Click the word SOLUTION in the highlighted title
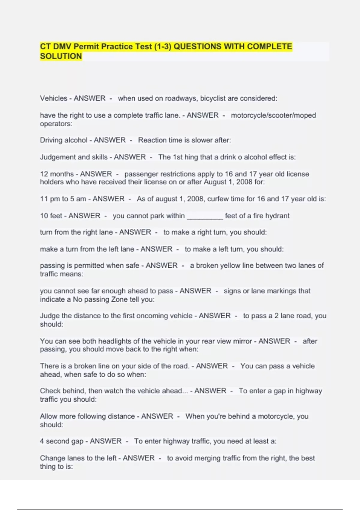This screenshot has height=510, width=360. click(x=61, y=56)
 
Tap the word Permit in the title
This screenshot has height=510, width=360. click(x=86, y=46)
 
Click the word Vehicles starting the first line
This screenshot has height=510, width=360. click(x=53, y=98)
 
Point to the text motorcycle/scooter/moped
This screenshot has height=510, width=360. click(x=273, y=115)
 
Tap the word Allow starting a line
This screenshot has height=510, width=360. click(x=49, y=416)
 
